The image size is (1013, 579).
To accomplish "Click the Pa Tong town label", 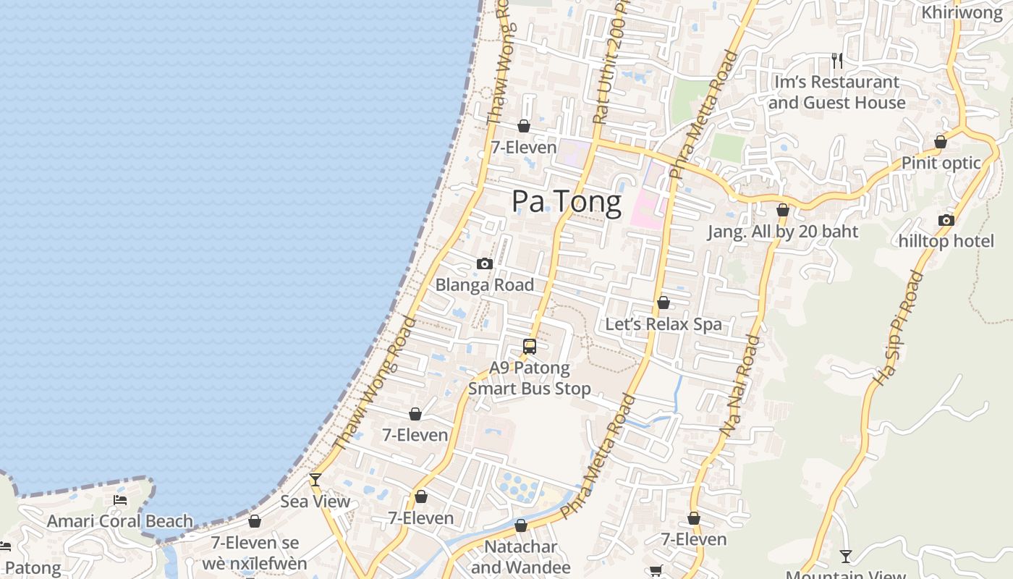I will coord(566,202).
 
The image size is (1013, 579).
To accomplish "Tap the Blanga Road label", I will coord(484,285).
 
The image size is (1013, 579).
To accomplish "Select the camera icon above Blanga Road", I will coord(485,264).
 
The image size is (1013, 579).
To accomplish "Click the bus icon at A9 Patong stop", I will coord(530,347).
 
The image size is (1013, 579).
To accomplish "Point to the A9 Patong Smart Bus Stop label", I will coord(530,379).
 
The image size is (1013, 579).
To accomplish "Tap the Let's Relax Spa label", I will coord(664,324).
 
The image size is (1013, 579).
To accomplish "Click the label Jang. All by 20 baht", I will coord(782,232).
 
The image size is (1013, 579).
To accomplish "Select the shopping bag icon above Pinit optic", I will coord(941,142).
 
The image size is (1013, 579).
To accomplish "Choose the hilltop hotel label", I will coord(946,241).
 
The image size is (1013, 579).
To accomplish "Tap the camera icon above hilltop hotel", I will coord(946,221).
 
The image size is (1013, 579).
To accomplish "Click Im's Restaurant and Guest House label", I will coord(836,93).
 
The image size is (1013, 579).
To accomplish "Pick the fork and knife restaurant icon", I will coord(837,61).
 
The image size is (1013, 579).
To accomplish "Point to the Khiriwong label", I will coord(962,13).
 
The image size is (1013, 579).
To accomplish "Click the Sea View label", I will coord(315,502).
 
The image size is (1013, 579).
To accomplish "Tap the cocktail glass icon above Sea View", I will coord(315,480).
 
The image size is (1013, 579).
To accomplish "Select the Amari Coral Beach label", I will coord(120,521).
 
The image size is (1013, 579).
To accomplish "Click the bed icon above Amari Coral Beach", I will coord(120,500).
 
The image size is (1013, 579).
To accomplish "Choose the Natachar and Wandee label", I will coord(521,557).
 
